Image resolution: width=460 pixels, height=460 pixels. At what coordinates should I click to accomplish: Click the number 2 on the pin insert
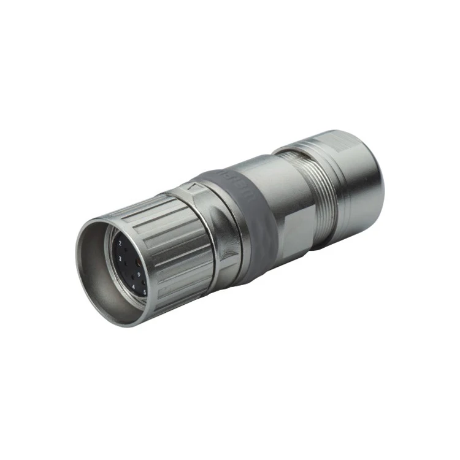pyautogui.click(x=120, y=243)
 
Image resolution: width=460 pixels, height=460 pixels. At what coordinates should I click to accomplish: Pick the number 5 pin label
pyautogui.click(x=145, y=293)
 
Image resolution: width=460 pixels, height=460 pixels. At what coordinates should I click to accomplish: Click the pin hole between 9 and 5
pyautogui.click(x=144, y=283)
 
